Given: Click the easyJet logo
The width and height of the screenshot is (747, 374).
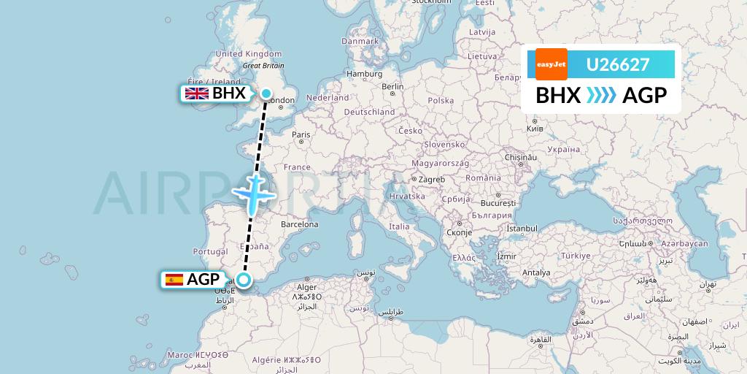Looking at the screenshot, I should [551, 64].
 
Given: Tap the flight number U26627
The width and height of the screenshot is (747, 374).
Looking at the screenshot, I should [618, 65].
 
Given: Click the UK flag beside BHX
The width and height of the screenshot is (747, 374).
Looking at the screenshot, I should [196, 93].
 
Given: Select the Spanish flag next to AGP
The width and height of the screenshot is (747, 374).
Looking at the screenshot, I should [174, 279].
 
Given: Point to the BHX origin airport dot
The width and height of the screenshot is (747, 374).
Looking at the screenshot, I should [267, 93].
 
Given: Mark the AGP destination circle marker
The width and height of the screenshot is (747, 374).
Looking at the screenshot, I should [244, 279].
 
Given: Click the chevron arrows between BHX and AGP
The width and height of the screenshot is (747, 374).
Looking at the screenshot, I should [602, 96].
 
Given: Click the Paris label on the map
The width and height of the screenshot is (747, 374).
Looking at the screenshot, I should [301, 134].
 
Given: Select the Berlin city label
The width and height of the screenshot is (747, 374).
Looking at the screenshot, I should [392, 86].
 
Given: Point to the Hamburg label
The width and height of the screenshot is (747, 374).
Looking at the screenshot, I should [365, 74].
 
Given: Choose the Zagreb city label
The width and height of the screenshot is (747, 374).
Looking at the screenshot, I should [431, 179].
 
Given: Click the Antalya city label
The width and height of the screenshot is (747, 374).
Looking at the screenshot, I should [536, 272].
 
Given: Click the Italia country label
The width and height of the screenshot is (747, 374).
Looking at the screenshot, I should [399, 226].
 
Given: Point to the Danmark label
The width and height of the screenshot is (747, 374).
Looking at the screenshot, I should [360, 42].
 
